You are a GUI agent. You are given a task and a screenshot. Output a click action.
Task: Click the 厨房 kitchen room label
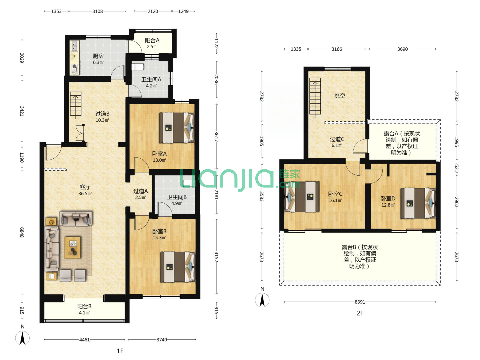[98, 56]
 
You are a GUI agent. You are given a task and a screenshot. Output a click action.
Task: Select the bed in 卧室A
[177, 128]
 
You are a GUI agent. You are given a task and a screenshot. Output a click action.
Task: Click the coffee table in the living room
[73, 247]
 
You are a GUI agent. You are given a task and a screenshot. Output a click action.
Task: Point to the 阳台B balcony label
[84, 306]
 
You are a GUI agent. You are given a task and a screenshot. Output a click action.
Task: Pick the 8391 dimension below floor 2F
[360, 302]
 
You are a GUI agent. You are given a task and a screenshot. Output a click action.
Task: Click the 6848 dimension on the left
[22, 232]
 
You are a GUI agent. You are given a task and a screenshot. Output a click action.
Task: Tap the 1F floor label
[120, 351]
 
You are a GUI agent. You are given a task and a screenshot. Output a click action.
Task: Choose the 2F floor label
[360, 313]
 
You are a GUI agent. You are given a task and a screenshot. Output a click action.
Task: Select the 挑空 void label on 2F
[339, 96]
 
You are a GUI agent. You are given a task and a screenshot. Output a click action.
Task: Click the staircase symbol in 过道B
[76, 104]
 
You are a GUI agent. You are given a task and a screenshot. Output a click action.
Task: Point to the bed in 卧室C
[302, 197]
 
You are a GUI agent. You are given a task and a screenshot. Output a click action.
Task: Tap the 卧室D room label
[388, 198]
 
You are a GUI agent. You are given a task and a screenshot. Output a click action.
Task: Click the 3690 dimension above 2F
[402, 49]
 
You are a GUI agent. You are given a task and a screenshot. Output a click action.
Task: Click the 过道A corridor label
[140, 191]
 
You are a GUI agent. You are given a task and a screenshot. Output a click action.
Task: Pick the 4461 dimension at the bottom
[84, 340]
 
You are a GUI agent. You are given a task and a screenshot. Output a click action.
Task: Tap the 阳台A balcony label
[152, 40]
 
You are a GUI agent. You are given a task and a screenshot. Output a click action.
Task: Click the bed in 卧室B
[178, 267]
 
